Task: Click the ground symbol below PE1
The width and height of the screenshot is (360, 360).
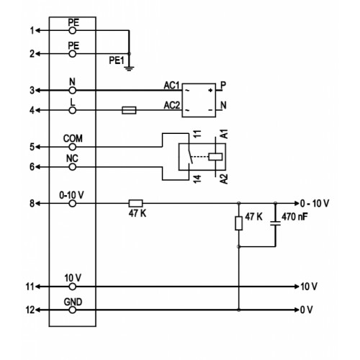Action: tap(129, 68)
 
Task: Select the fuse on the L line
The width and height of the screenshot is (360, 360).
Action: tap(129, 110)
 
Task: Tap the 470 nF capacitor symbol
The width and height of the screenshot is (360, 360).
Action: tap(275, 223)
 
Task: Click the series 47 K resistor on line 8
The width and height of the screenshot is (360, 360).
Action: tap(136, 204)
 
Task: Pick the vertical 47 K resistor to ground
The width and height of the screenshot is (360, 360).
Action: tap(238, 223)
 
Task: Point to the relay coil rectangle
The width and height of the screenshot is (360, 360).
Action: tap(215, 157)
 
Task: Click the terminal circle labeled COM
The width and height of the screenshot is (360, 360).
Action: tap(72, 147)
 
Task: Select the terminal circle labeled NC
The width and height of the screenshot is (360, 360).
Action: tap(72, 167)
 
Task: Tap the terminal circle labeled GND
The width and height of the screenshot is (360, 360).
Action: tap(73, 310)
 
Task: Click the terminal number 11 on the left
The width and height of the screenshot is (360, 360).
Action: tap(30, 287)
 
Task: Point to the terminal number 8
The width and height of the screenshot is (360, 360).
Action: tap(32, 204)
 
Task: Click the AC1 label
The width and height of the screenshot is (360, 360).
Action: tap(171, 86)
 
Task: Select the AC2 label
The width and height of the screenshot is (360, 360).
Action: tap(172, 105)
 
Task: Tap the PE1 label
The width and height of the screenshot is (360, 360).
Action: tap(117, 60)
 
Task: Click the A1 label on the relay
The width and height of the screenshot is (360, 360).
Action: tap(224, 134)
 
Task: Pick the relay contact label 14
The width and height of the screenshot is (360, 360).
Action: tap(197, 179)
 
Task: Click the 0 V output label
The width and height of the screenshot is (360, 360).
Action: tap(307, 310)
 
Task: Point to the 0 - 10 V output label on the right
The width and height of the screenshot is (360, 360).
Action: tap(315, 204)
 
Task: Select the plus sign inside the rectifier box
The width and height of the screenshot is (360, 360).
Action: tap(210, 90)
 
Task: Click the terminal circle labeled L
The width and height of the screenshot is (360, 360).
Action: tap(72, 110)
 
